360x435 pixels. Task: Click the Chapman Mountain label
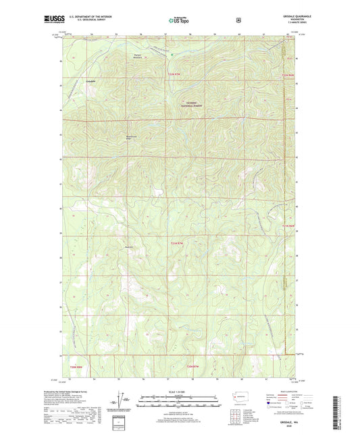[136, 56]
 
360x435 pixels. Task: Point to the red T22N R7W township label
[174, 73]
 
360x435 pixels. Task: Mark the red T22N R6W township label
[289, 74]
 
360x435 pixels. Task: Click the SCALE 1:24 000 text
[179, 392]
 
